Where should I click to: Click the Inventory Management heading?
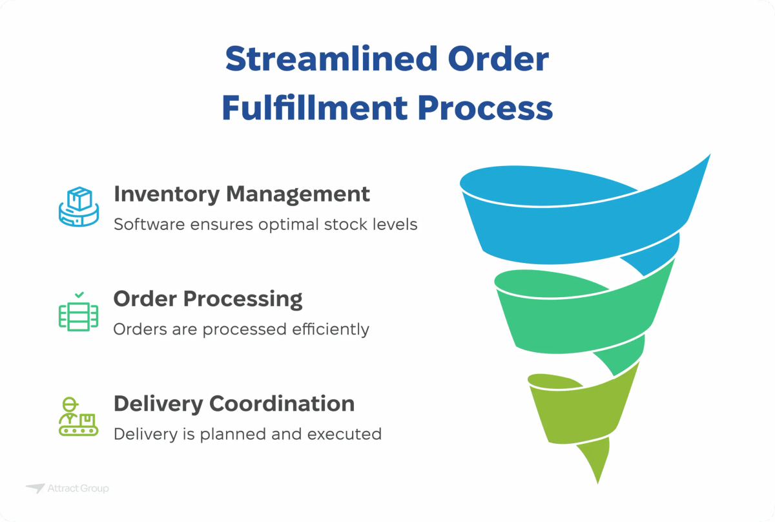point(242,194)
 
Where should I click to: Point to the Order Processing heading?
point(208,298)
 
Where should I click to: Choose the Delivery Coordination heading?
point(234,403)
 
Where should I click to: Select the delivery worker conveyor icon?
point(78,417)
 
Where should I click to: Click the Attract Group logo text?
point(78,488)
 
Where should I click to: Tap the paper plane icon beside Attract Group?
point(35,488)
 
